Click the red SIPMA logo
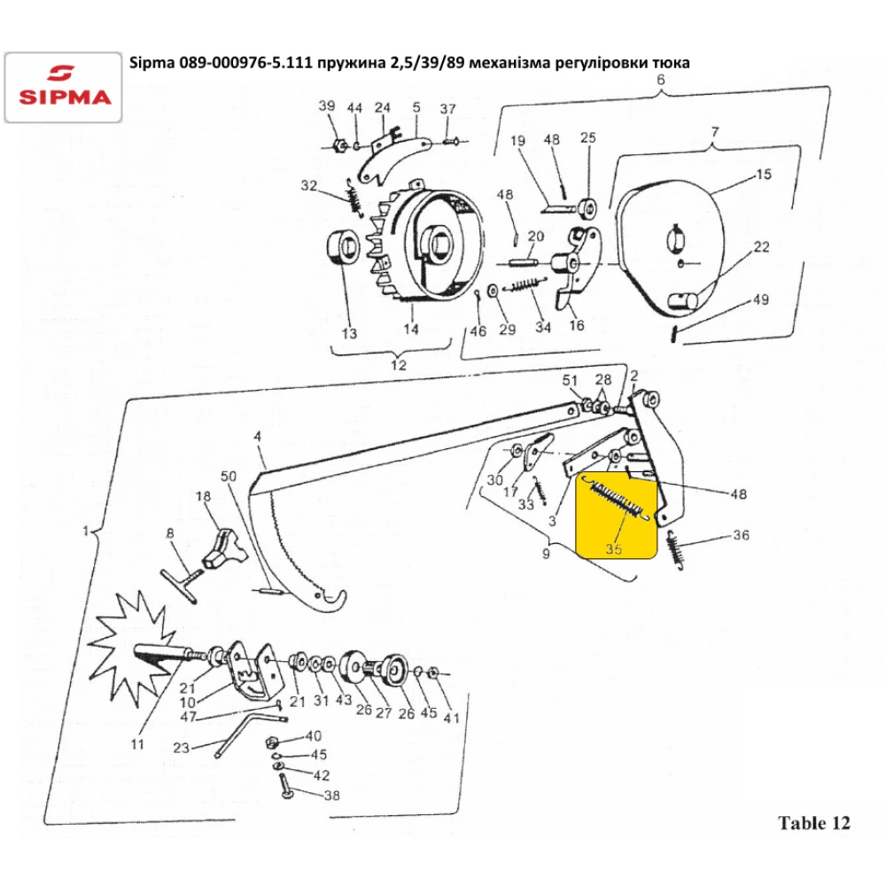pos(64,87)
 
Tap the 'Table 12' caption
pos(813,823)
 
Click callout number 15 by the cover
pos(764,175)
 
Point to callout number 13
pos(349,333)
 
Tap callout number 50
pos(229,477)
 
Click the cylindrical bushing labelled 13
pos(342,249)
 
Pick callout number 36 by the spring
pos(741,534)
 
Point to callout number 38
pos(331,796)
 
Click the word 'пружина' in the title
pos(351,62)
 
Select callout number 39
pos(327,105)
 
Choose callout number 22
pos(761,247)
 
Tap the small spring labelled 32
pos(354,196)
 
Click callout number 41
pos(451,719)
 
